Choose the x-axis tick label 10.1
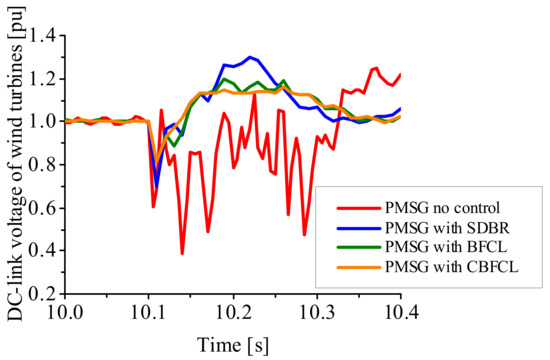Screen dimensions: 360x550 coord(149,314)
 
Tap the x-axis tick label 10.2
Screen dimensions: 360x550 coord(233,314)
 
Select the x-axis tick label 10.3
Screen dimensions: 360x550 coord(317,314)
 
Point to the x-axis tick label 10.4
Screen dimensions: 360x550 coord(400,314)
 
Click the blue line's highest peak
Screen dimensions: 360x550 coord(249,57)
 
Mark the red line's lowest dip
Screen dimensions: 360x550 coord(182,254)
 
